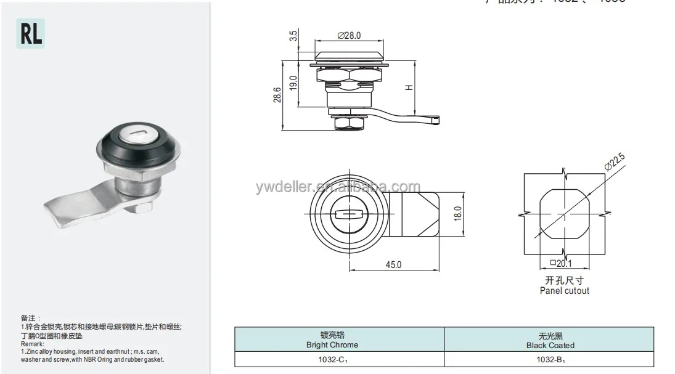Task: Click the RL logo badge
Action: [30, 34]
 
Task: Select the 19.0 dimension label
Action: [293, 83]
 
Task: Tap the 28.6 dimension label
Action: [277, 95]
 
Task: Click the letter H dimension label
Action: [408, 88]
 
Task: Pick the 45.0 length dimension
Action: [393, 264]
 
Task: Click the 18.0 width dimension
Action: [457, 213]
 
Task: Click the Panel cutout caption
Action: [564, 290]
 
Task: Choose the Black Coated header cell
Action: [550, 340]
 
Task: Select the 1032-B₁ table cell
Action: [550, 359]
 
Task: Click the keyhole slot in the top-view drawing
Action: [350, 214]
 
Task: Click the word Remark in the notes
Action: [31, 344]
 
